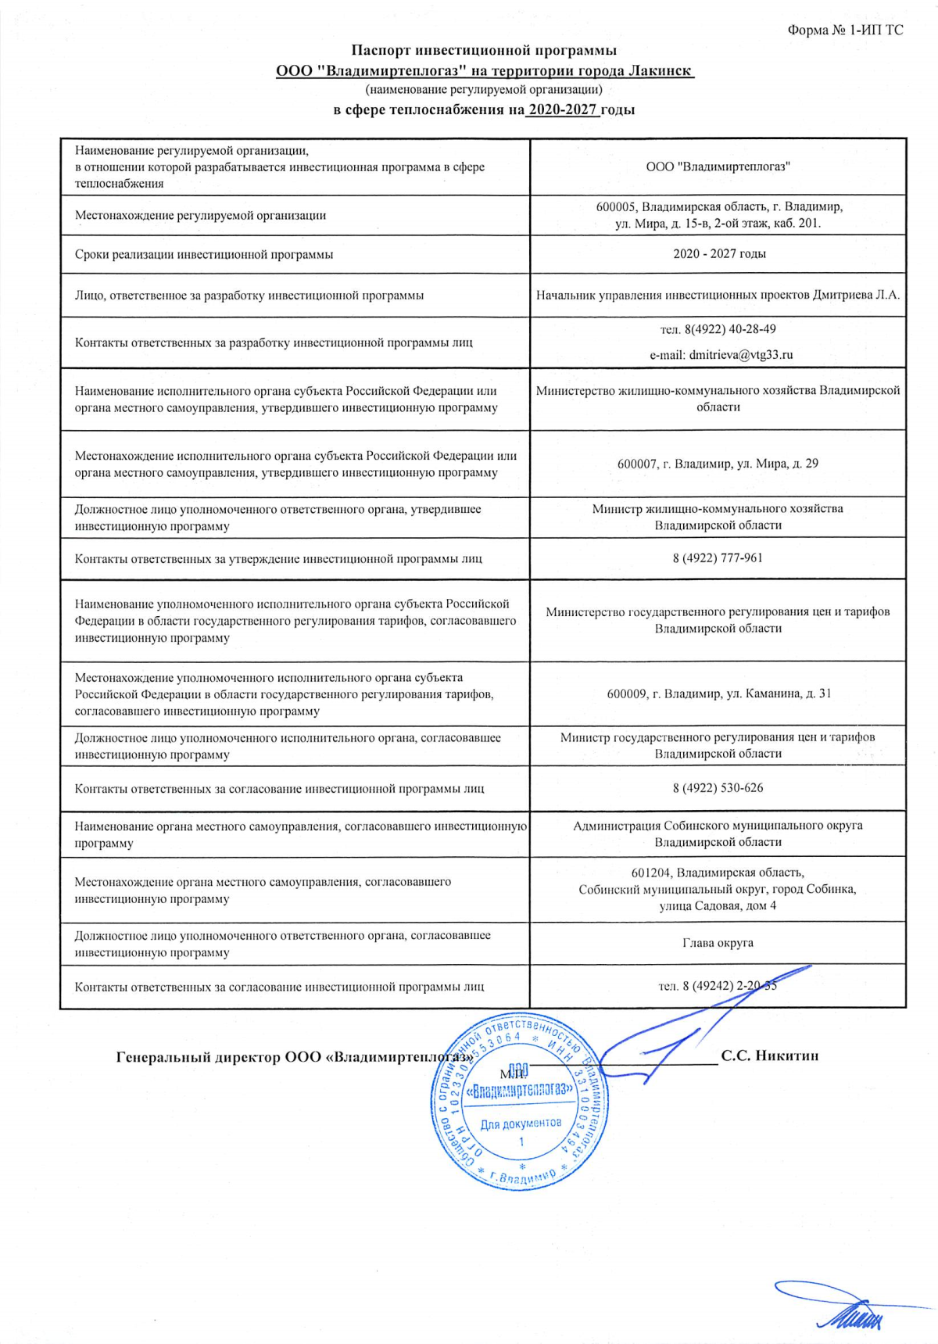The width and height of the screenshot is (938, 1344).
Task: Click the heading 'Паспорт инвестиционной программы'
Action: tap(484, 51)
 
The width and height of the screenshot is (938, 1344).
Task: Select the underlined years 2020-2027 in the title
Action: tap(563, 109)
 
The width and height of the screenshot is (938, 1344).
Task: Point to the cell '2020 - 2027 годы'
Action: tap(719, 253)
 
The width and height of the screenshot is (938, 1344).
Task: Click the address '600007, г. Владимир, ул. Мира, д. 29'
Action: tap(718, 464)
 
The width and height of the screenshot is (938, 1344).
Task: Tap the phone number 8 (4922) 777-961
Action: tap(718, 557)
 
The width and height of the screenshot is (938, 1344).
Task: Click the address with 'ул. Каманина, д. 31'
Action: tap(718, 694)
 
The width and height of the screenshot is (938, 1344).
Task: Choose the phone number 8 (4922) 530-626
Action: tap(718, 787)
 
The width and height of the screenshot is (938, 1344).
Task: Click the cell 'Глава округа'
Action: tap(718, 943)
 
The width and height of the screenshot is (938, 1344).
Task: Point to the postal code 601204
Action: tap(652, 873)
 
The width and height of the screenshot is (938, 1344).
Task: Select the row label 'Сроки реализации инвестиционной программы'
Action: tap(204, 254)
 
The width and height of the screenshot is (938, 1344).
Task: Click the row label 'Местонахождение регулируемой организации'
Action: tap(200, 215)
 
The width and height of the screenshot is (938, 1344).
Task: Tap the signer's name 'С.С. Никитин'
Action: tap(770, 1055)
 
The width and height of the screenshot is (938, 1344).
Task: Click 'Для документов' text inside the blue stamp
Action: tap(521, 1124)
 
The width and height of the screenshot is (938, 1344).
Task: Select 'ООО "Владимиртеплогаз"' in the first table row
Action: tap(718, 167)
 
